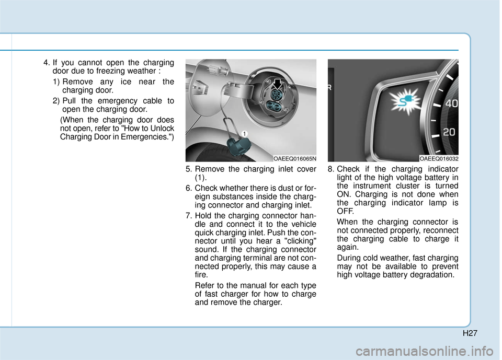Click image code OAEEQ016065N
point(294,157)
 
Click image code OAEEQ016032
point(438,157)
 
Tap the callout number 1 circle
point(244,134)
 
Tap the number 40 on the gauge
point(451,104)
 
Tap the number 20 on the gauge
point(448,133)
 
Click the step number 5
point(189,169)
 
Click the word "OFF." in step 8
point(346,211)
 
